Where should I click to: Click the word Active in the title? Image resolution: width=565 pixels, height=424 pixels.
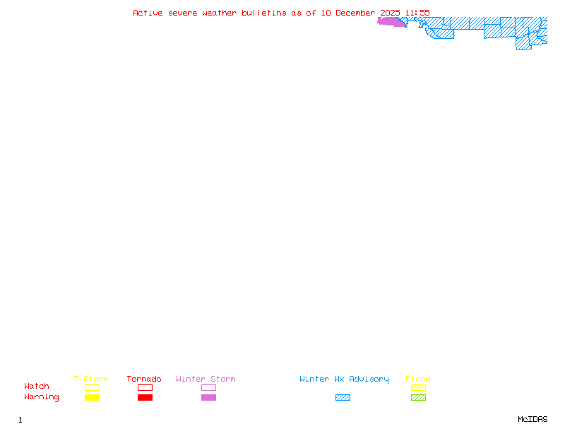pyautogui.click(x=148, y=13)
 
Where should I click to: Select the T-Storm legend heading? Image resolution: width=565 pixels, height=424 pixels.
pyautogui.click(x=91, y=379)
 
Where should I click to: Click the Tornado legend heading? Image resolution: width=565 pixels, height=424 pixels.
pyautogui.click(x=144, y=379)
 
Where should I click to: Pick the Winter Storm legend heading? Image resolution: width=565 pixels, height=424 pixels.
pyautogui.click(x=206, y=379)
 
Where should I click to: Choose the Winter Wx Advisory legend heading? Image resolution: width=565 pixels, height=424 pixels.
pyautogui.click(x=344, y=379)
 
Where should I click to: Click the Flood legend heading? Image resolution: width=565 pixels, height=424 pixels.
pyautogui.click(x=418, y=379)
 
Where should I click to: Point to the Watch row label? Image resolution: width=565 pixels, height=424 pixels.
pyautogui.click(x=37, y=387)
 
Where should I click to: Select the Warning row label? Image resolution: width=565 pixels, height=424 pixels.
pyautogui.click(x=42, y=397)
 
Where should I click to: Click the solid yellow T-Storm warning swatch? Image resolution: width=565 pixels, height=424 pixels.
pyautogui.click(x=92, y=398)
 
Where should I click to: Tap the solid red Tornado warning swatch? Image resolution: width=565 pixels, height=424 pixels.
pyautogui.click(x=145, y=398)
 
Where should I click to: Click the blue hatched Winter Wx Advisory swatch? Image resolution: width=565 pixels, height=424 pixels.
pyautogui.click(x=343, y=398)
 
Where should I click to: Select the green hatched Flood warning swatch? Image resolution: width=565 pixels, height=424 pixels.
pyautogui.click(x=418, y=398)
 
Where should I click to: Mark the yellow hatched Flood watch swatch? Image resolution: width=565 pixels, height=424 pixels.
pyautogui.click(x=418, y=387)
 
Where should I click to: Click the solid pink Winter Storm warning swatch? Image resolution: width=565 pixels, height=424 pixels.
pyautogui.click(x=208, y=398)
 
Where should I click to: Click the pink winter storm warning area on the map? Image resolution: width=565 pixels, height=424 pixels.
pyautogui.click(x=391, y=22)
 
